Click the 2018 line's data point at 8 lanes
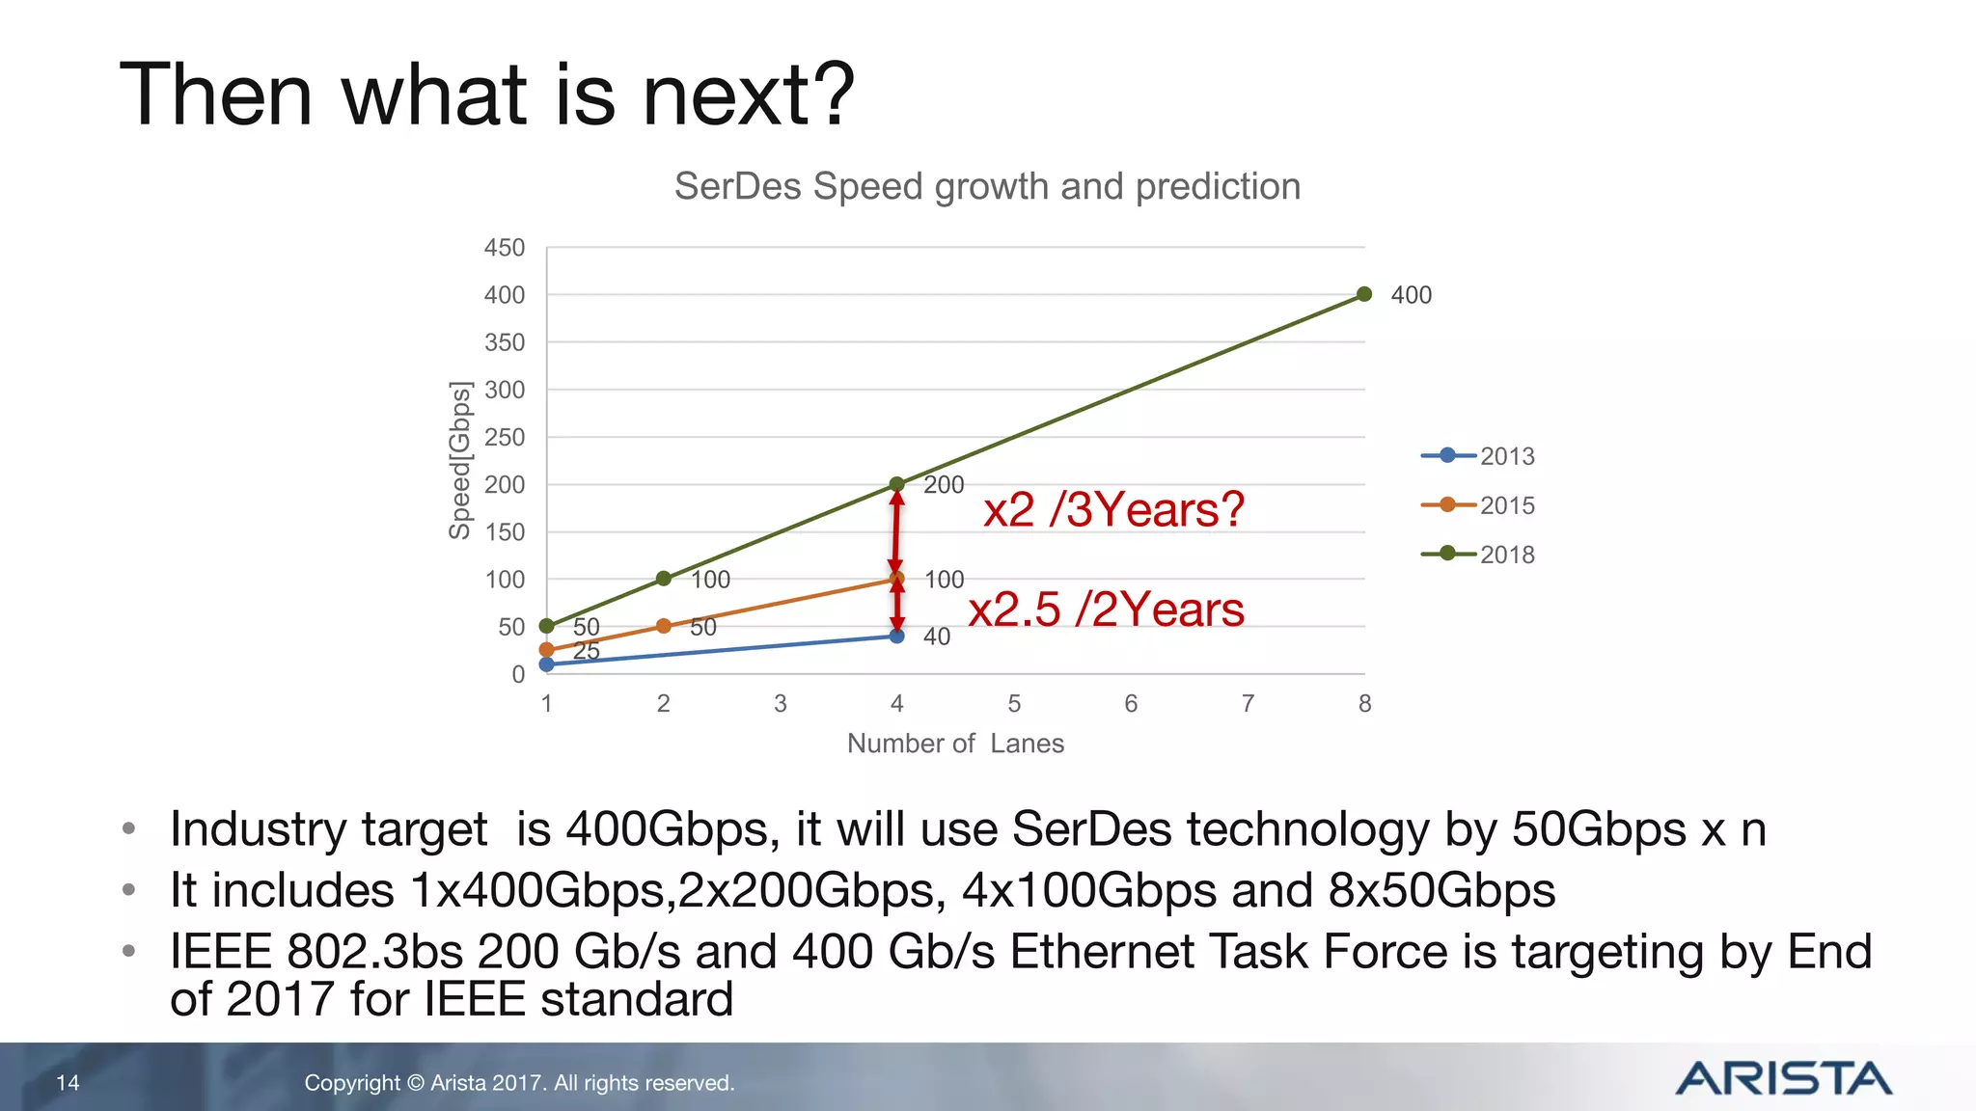(x=1364, y=294)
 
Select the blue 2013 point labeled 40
(x=897, y=636)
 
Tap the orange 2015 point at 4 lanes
(x=897, y=579)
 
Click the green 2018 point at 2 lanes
(x=664, y=579)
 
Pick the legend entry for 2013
(x=1478, y=456)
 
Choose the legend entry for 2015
(x=1478, y=505)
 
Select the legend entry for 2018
(x=1478, y=555)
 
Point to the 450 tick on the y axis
(x=505, y=248)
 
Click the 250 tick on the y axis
(x=505, y=437)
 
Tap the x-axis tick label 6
(x=1131, y=704)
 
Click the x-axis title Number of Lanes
(x=955, y=744)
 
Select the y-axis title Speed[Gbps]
(x=460, y=460)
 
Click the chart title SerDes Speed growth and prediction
(x=987, y=186)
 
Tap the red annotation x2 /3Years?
(x=1113, y=509)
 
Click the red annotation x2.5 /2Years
(x=1106, y=610)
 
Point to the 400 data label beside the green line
(x=1411, y=295)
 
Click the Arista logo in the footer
(x=1783, y=1078)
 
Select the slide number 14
(x=68, y=1083)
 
